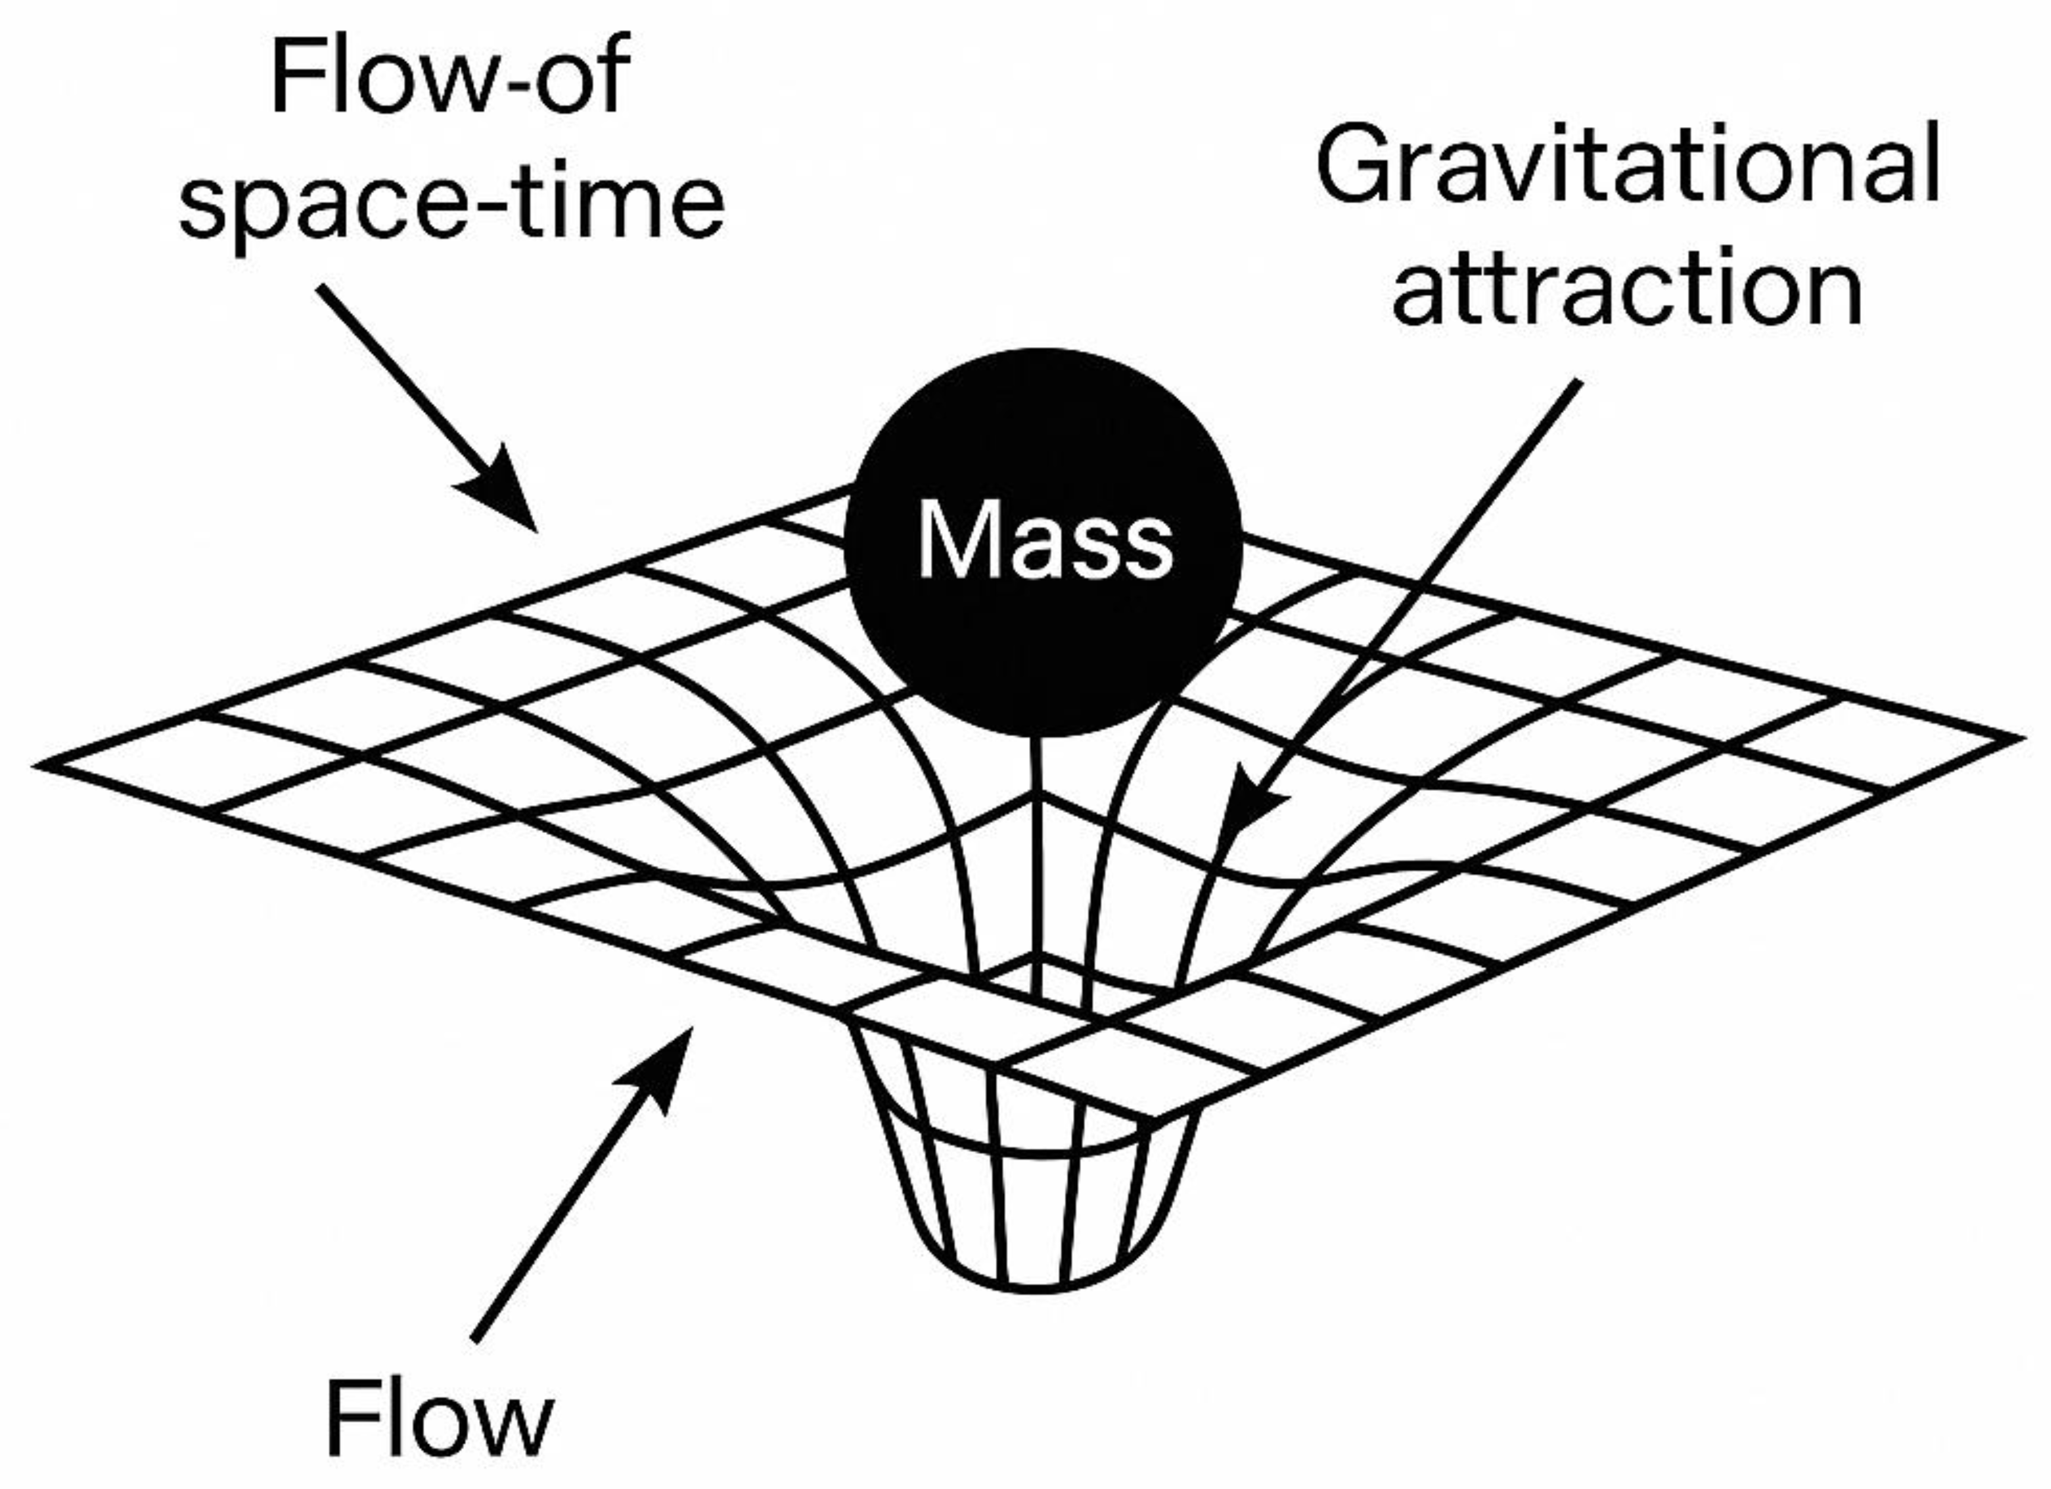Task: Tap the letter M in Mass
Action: [x=949, y=540]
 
